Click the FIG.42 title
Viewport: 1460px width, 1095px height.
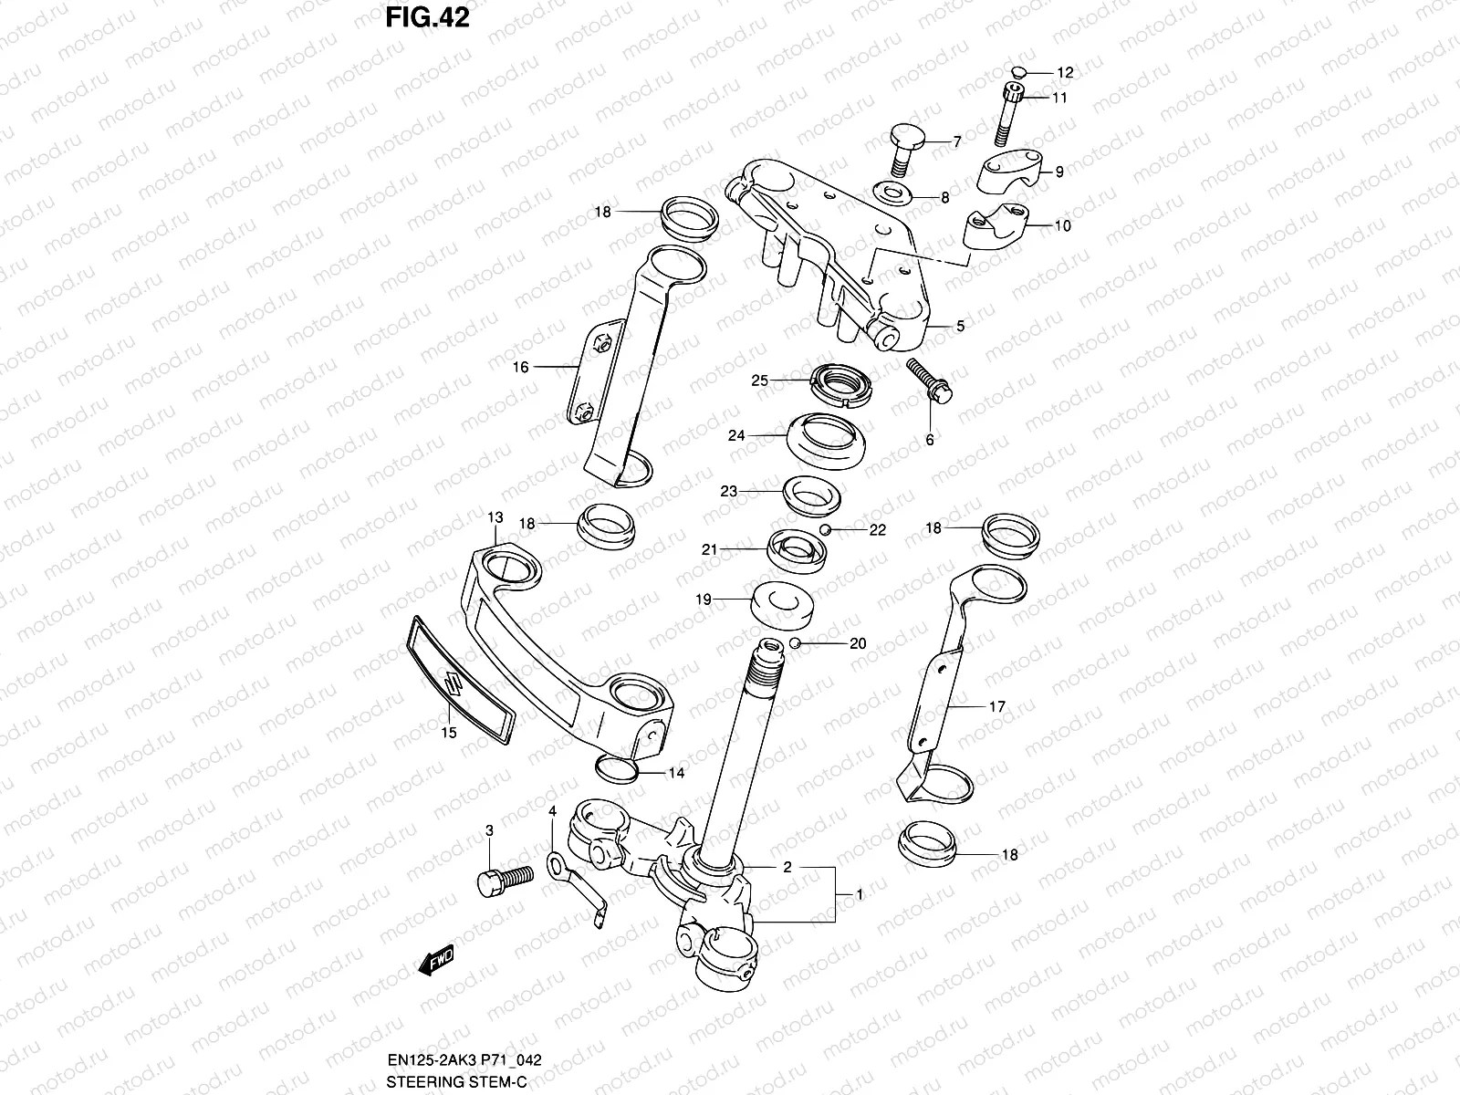tap(425, 17)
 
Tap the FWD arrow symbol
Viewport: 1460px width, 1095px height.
tap(435, 961)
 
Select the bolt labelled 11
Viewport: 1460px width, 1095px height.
tap(1011, 114)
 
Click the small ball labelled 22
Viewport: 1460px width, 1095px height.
tap(824, 529)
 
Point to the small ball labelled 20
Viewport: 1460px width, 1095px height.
tap(796, 643)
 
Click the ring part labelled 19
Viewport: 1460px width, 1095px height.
tap(781, 603)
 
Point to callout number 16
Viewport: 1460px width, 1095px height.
tap(520, 367)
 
